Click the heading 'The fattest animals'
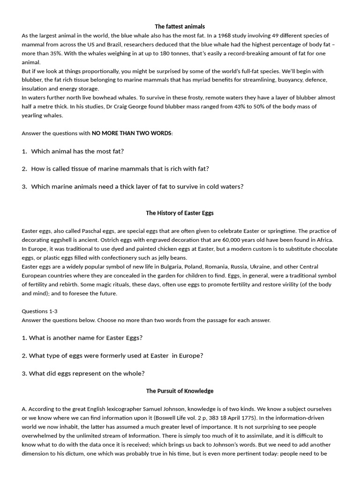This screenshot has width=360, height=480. [180, 27]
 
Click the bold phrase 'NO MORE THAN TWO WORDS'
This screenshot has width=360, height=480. [132, 134]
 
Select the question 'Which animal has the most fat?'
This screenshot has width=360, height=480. [77, 151]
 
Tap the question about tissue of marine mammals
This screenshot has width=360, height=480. [120, 169]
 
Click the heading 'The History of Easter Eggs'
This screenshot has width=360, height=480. [180, 213]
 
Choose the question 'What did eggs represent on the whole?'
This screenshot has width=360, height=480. [87, 373]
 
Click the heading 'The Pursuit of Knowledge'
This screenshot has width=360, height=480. [180, 391]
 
